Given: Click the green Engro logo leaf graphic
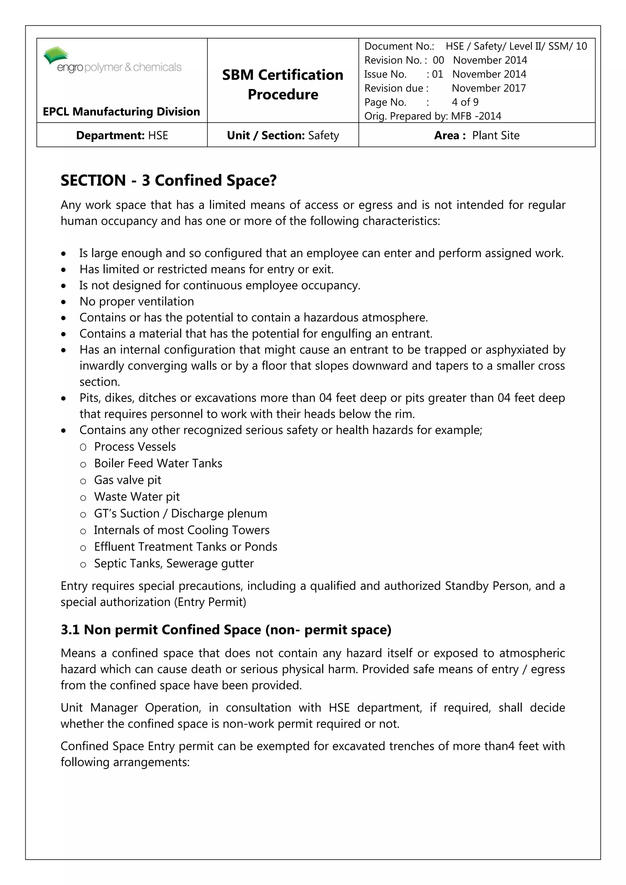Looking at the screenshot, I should pos(56,55).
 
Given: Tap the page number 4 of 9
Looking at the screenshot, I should pos(465,102).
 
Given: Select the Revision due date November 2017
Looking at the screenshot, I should pos(488,88).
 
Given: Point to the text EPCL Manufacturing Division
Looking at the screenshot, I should pos(121,112).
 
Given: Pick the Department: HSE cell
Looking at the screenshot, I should pos(122,135).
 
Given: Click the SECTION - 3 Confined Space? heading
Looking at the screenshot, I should pos(168,180).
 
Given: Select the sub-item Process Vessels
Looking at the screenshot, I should pos(135,446).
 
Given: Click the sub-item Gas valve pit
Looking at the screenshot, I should pos(127,480).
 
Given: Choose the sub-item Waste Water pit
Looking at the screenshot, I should pos(137,496).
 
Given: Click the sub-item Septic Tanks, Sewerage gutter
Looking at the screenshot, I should pos(174,563).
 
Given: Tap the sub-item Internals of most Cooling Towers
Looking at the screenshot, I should pos(182,530).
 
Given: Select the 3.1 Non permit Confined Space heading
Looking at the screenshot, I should pos(226,629).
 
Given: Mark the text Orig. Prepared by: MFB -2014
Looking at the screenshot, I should pos(433,116).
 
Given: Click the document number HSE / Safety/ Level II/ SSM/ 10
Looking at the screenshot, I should pos(516,46).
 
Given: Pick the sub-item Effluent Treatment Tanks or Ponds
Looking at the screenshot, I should pos(186,547).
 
